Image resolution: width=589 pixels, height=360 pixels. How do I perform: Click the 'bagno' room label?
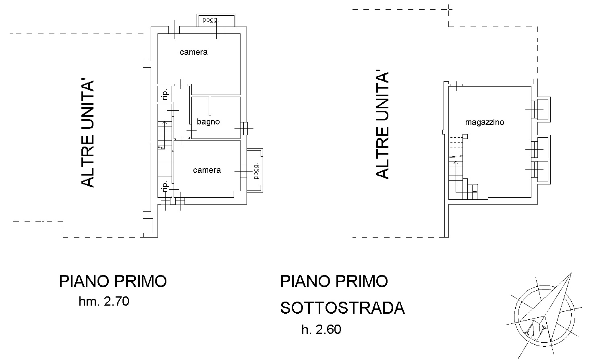[208, 122]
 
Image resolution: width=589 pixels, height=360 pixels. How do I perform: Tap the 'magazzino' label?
[485, 122]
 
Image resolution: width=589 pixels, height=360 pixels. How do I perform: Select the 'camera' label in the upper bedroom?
[193, 52]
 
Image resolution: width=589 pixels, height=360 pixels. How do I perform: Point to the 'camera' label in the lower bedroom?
[207, 170]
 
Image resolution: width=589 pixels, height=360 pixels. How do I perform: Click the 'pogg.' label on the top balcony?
[211, 20]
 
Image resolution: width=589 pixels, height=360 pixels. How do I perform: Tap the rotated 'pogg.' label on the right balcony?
[256, 171]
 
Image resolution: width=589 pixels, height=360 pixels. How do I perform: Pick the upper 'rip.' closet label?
[165, 95]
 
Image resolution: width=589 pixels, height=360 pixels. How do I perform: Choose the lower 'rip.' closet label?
[165, 186]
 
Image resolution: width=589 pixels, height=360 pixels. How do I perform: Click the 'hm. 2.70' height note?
[104, 301]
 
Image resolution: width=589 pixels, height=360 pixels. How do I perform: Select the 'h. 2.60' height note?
[321, 329]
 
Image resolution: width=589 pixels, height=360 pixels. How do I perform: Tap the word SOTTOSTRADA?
[342, 308]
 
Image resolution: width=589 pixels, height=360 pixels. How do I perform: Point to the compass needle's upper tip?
[571, 273]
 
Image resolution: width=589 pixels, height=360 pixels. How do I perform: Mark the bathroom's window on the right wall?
[244, 128]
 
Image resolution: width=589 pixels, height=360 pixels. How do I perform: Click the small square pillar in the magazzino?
[465, 137]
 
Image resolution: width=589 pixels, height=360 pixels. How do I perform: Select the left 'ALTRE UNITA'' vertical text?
[87, 134]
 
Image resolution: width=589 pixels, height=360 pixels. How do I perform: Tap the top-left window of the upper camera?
[174, 30]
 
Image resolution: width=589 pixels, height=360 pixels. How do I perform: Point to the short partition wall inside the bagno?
[209, 106]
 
